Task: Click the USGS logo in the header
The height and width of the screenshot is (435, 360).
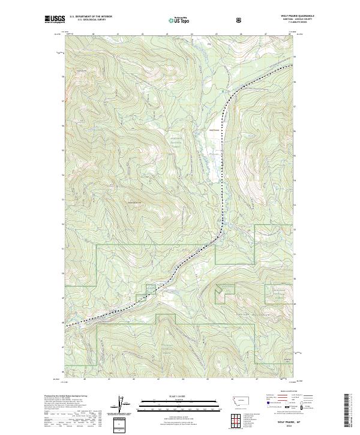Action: pos(54,20)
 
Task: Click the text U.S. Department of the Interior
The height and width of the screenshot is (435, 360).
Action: pos(91,17)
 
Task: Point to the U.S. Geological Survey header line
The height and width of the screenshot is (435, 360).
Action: pos(86,20)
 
